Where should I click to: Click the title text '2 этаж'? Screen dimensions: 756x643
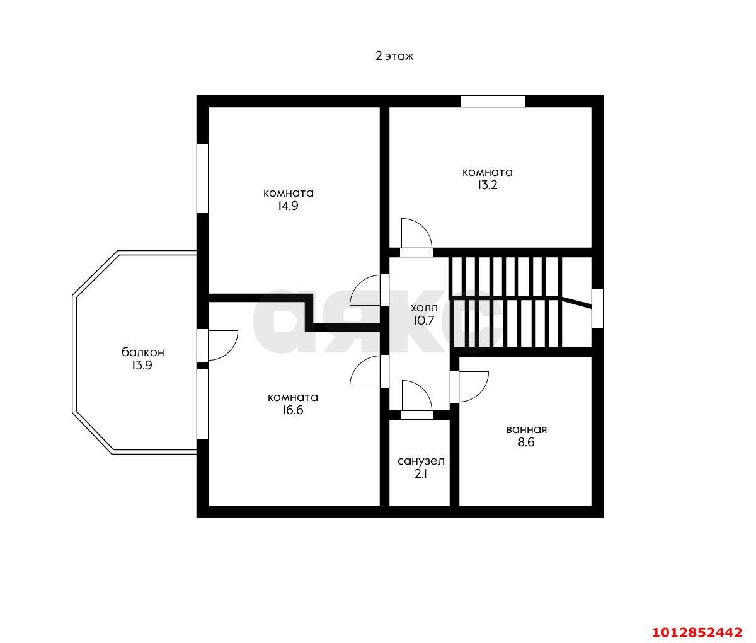click(394, 56)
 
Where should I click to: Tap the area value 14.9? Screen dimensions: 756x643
click(288, 206)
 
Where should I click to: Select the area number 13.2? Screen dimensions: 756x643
click(487, 185)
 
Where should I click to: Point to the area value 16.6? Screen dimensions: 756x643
click(292, 410)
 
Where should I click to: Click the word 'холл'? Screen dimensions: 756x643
click(424, 308)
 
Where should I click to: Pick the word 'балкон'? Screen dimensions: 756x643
click(142, 352)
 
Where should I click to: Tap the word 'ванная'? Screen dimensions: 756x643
click(526, 429)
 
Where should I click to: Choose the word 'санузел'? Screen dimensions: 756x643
click(421, 461)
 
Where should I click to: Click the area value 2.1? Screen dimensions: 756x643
click(421, 474)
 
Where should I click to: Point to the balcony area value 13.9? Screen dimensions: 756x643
click(142, 365)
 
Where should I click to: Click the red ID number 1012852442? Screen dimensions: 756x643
click(697, 632)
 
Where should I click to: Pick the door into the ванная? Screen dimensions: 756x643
click(469, 387)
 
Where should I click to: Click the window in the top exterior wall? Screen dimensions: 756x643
click(492, 101)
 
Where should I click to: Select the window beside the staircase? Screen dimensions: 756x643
click(597, 308)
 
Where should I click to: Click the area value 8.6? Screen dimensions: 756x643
click(526, 443)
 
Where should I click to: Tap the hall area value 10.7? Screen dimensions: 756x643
click(423, 321)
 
